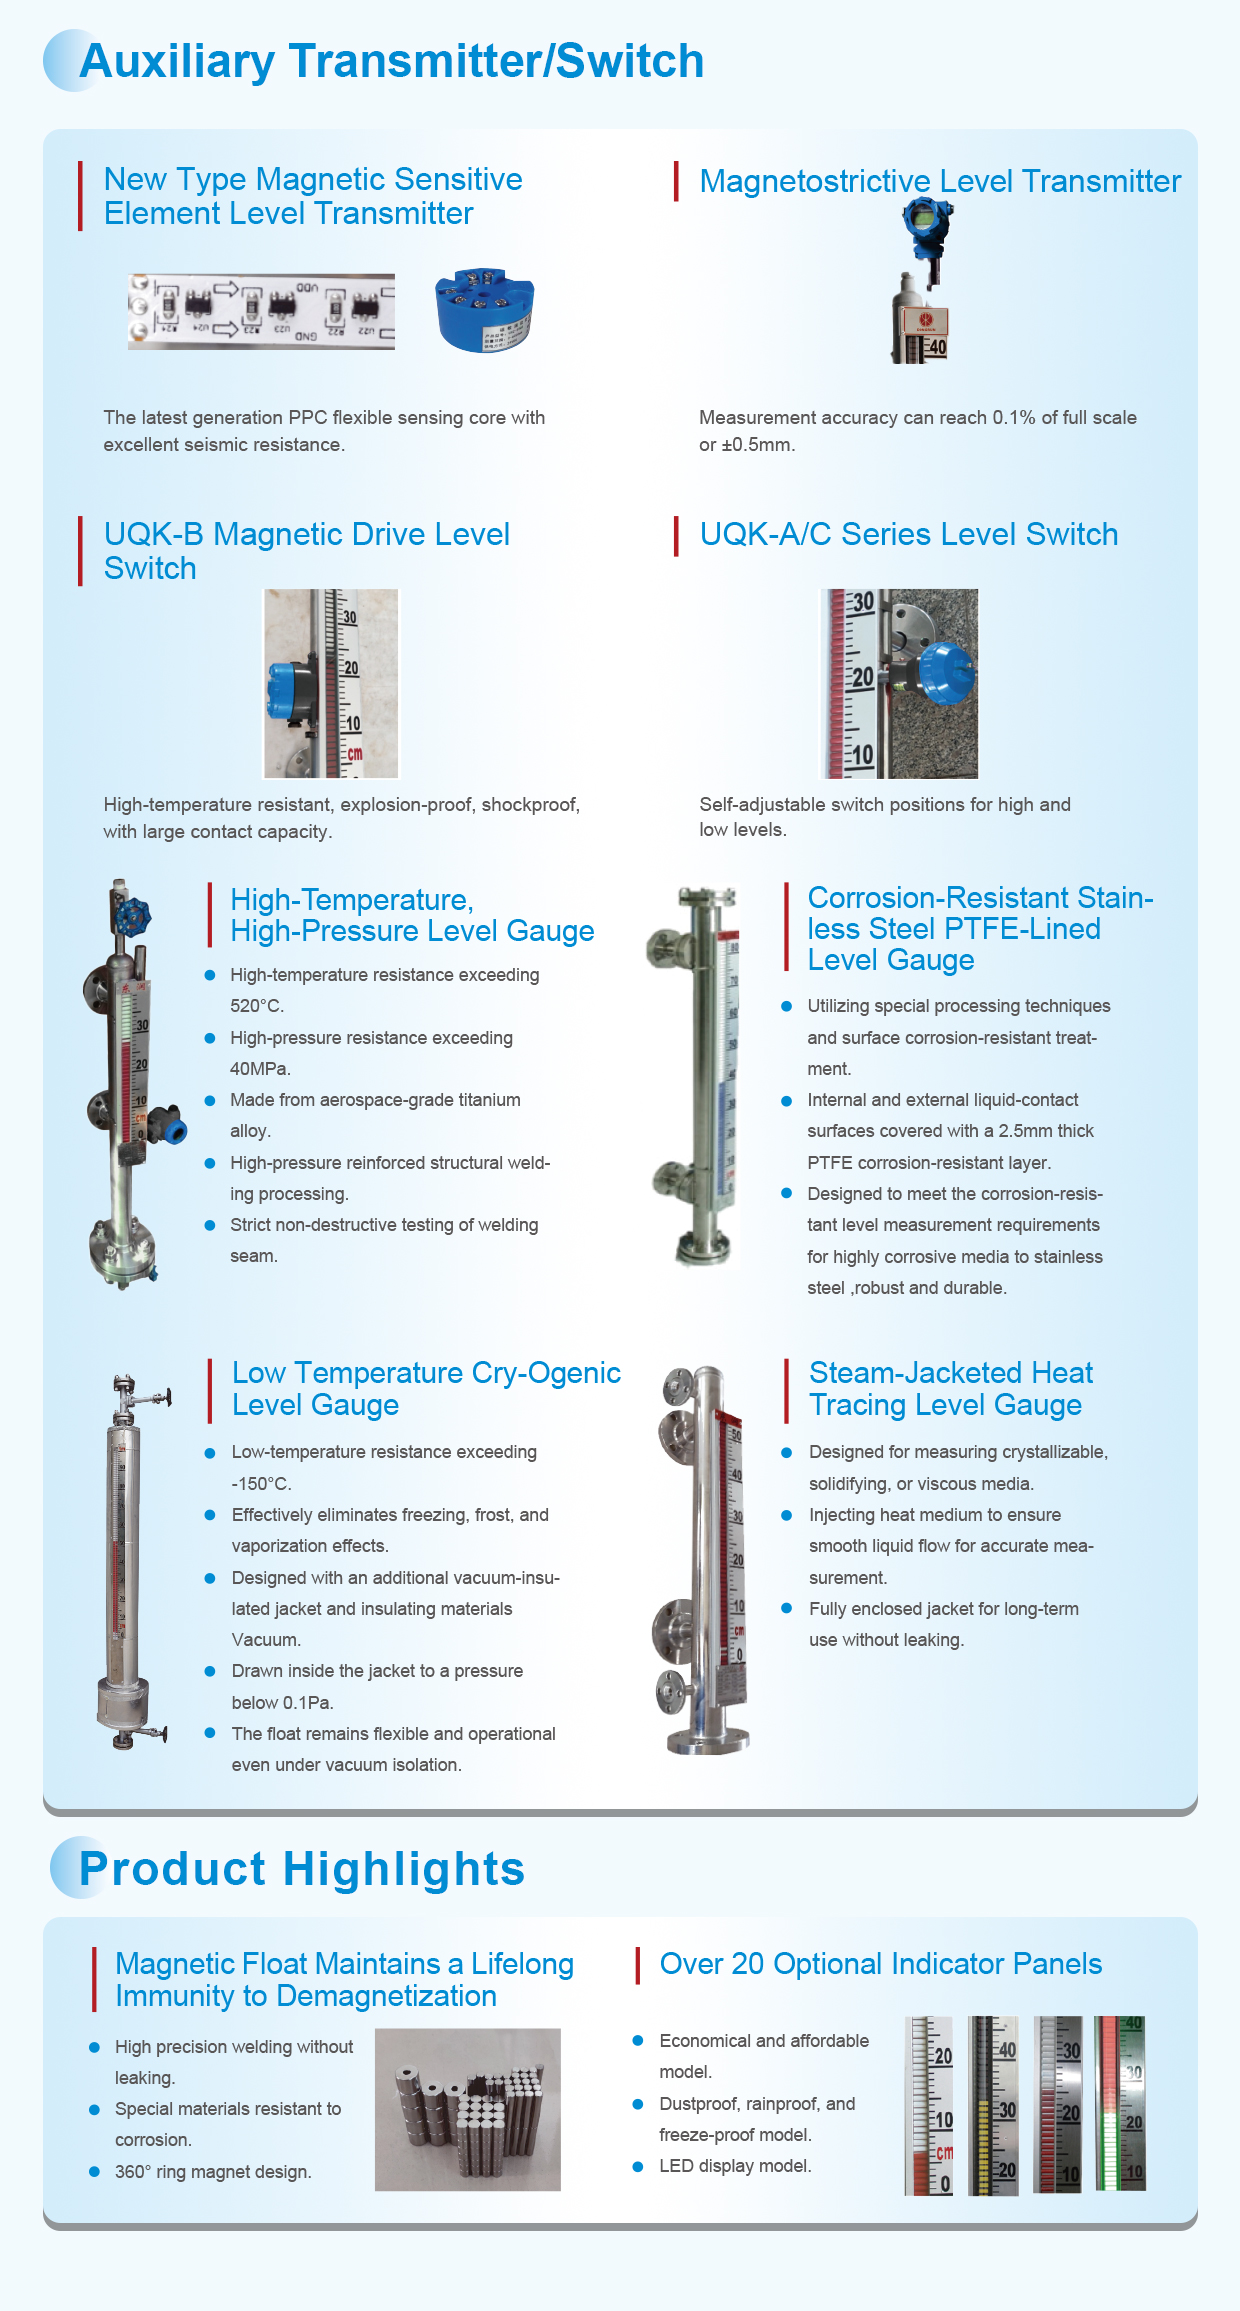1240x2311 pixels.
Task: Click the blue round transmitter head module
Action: point(485,310)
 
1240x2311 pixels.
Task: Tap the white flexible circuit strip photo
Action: point(261,311)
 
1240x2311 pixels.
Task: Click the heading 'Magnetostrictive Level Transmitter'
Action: point(940,182)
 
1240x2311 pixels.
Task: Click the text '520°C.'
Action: point(257,1006)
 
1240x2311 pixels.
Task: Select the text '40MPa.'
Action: point(260,1069)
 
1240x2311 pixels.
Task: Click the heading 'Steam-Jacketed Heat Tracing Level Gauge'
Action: point(949,1389)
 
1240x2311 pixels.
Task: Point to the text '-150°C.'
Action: point(262,1484)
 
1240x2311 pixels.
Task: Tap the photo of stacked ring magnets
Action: point(467,2109)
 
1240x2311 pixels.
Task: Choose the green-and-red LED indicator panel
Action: point(1120,2103)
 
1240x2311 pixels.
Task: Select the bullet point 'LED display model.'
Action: point(735,2166)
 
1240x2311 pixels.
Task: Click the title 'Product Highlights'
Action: point(302,1869)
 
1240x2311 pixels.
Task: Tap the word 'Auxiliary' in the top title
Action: point(177,62)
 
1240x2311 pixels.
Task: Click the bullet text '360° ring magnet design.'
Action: point(213,2172)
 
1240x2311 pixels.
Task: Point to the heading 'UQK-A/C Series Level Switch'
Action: point(908,535)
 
